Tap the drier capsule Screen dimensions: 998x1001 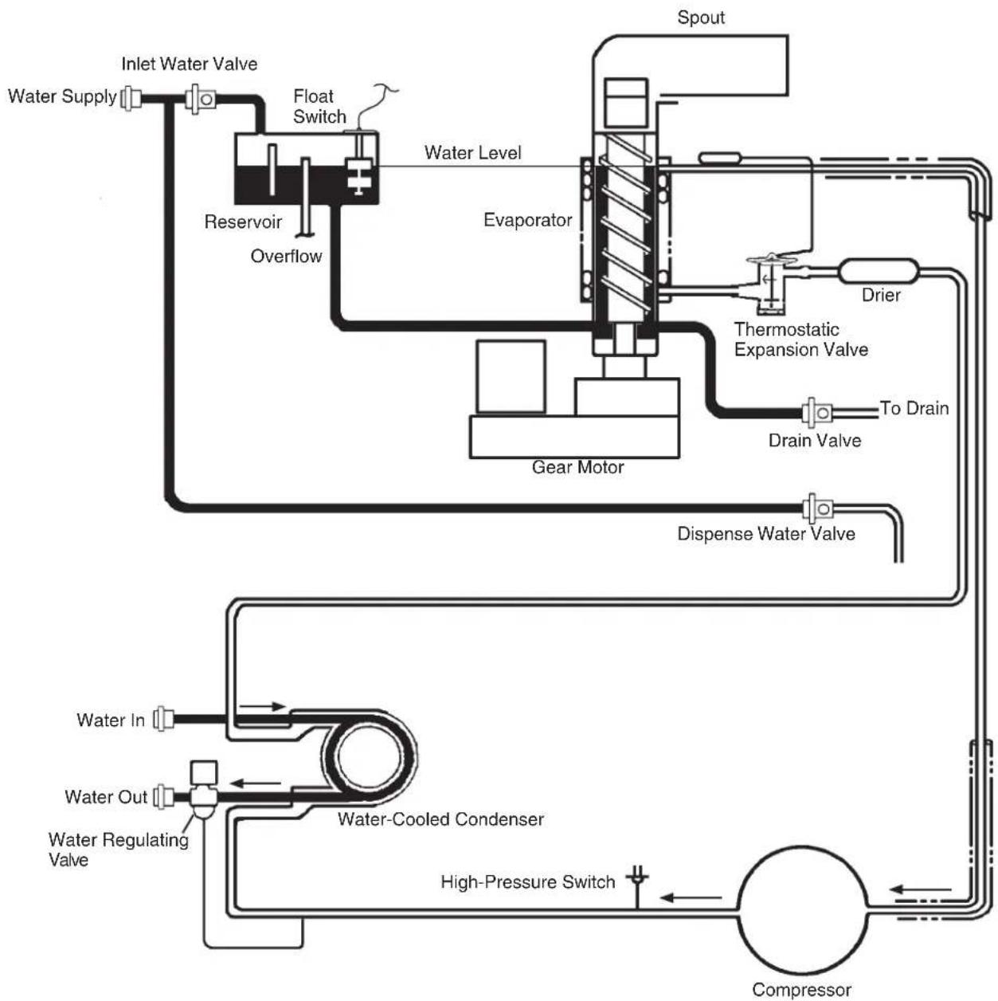[878, 271]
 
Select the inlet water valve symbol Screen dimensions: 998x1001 [202, 98]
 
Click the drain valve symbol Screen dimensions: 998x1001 [817, 413]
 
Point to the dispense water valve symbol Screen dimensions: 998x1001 [818, 508]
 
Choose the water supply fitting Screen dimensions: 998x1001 [131, 98]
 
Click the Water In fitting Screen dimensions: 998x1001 [163, 719]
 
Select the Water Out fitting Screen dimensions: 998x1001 [163, 796]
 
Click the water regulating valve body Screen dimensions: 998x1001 [204, 791]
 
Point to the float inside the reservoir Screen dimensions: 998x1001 [358, 176]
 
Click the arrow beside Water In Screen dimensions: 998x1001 [262, 706]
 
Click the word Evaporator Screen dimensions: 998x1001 [527, 220]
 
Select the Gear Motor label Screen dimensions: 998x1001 [577, 467]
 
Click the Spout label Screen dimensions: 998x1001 [700, 18]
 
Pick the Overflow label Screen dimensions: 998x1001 [286, 256]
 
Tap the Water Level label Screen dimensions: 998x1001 [472, 153]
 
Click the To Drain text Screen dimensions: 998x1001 [914, 408]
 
